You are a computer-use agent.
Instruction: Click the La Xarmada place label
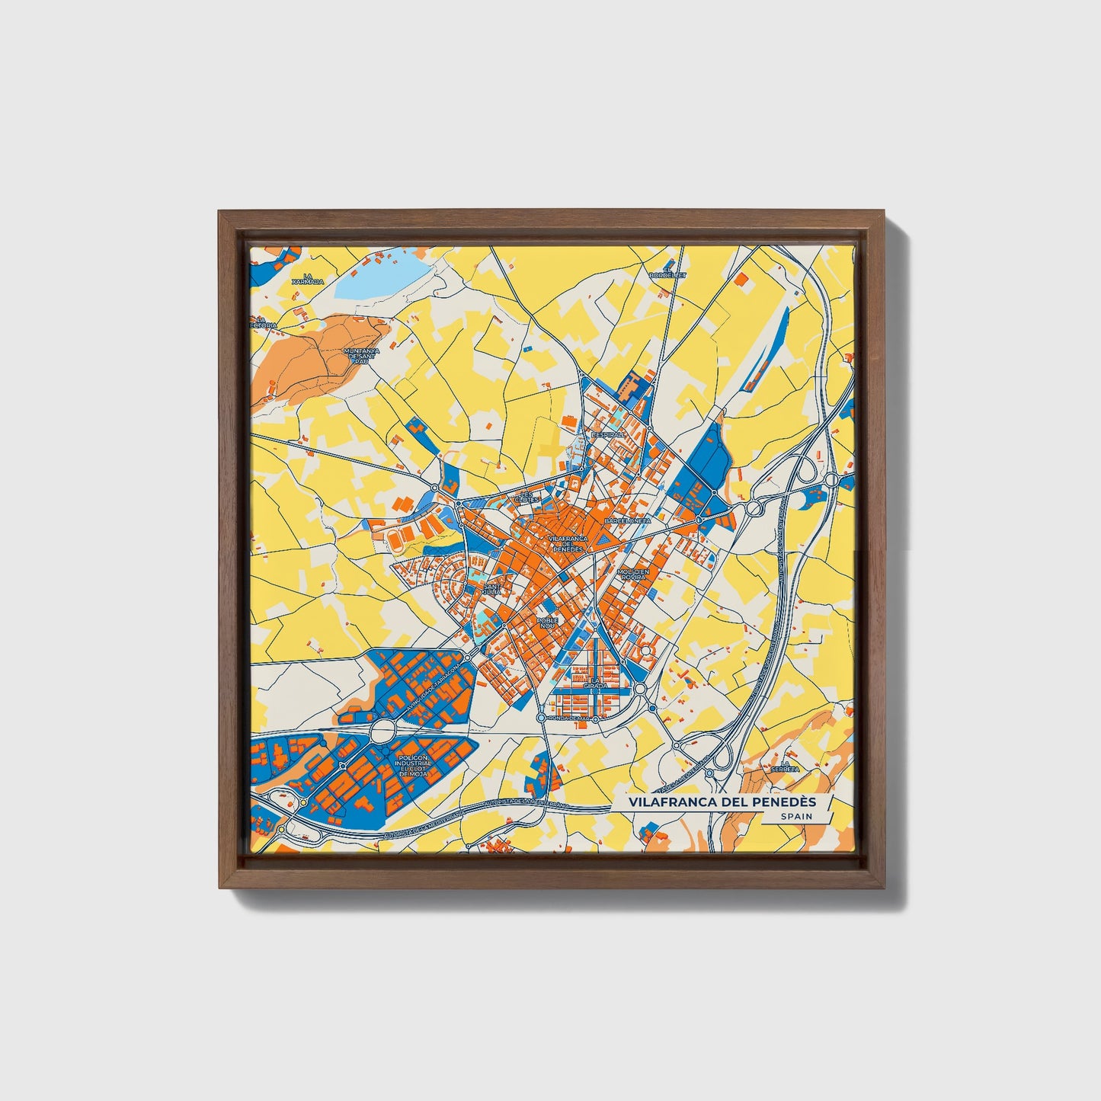coord(309,279)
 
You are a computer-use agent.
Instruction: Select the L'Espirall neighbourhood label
coord(608,434)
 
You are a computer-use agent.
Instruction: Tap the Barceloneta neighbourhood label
coord(627,520)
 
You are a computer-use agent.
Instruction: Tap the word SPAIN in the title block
coord(795,816)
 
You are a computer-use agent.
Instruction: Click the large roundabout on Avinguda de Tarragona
coord(382,732)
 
